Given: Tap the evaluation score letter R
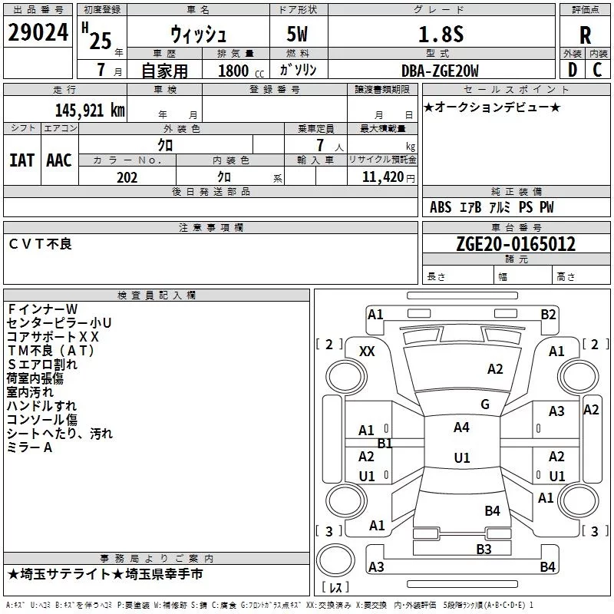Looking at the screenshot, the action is click(585, 35).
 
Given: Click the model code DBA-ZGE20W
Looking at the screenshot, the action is click(439, 71).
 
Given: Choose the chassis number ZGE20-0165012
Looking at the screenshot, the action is click(516, 244).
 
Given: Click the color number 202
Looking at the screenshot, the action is click(127, 177).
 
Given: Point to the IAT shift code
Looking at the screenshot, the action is click(21, 160).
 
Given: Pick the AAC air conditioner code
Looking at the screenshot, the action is click(59, 160).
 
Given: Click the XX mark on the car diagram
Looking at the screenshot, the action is click(368, 351).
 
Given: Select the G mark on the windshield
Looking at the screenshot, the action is click(485, 404).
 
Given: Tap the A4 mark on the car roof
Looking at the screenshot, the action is click(461, 427).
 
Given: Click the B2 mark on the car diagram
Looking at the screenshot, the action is click(548, 314).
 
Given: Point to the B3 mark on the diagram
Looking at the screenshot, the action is click(484, 549).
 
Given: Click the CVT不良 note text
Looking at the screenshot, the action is click(40, 243).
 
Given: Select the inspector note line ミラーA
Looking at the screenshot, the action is click(30, 447).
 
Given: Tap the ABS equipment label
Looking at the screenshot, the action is click(441, 207).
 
